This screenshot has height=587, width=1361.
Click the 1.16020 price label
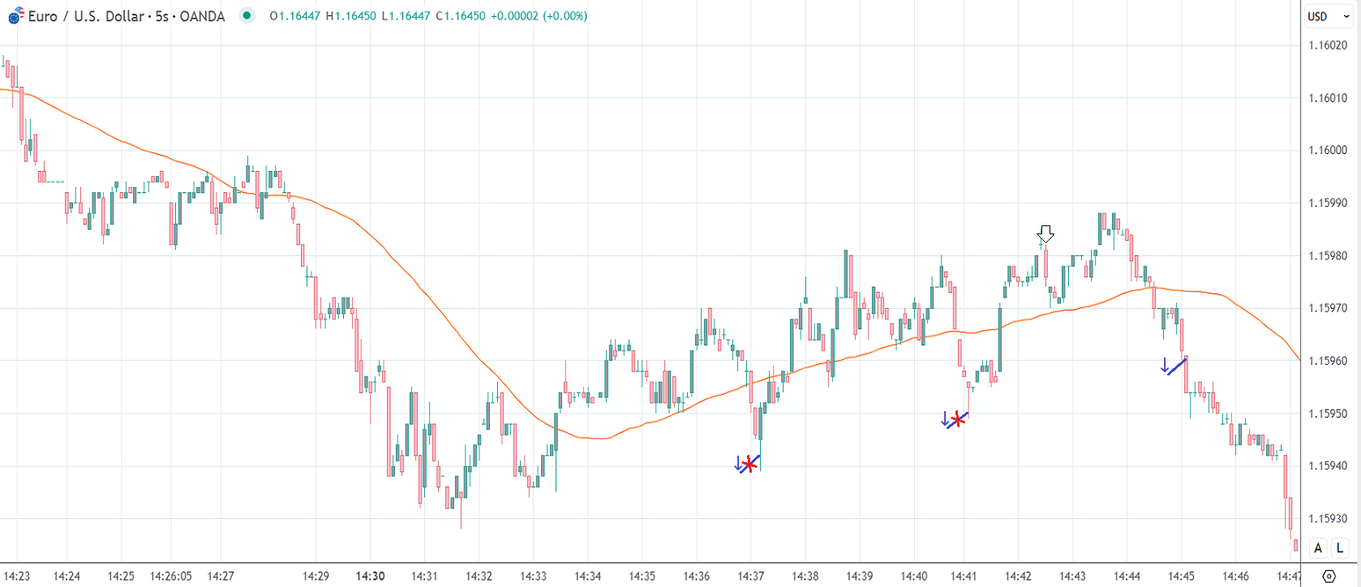pos(1328,45)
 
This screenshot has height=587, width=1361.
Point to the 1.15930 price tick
pos(1328,518)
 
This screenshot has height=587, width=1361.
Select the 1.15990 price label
pos(1328,203)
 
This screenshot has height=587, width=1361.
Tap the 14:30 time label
pos(370,576)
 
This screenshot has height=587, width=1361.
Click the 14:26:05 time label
pos(170,576)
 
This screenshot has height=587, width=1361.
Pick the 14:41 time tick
pos(964,576)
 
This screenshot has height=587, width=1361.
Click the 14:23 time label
pos(17,576)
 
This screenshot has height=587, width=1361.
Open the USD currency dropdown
pos(1328,16)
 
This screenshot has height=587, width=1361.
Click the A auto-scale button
pos(1318,548)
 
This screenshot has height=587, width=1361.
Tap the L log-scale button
pos(1340,548)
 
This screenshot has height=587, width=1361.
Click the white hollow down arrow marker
pos(1045,234)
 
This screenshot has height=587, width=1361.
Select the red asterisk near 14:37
pos(749,465)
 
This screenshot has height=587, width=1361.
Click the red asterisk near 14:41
pos(958,419)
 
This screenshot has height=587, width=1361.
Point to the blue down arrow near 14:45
pos(1165,366)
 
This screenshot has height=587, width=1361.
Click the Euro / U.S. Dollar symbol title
pos(126,16)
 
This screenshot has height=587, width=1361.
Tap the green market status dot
pos(247,15)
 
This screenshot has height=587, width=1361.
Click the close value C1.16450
pos(461,16)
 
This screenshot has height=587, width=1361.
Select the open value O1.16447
pos(295,16)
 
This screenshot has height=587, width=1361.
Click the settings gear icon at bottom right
pos(1329,576)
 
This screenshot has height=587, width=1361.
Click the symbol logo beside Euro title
pos(15,15)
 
